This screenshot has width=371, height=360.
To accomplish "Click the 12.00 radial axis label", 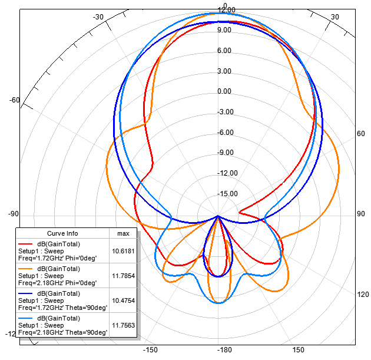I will click(226, 10).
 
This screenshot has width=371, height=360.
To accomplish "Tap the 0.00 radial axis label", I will click(224, 91).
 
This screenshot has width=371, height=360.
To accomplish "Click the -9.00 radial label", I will click(226, 153).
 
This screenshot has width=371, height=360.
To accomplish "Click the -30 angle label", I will click(98, 17).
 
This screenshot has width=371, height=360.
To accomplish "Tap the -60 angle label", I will click(15, 100).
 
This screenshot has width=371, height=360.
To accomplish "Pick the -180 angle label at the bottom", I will click(218, 350).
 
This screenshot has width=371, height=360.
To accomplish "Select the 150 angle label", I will click(299, 350).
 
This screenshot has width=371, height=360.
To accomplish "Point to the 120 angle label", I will click(363, 295).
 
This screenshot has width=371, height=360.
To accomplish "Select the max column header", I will click(123, 234).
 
